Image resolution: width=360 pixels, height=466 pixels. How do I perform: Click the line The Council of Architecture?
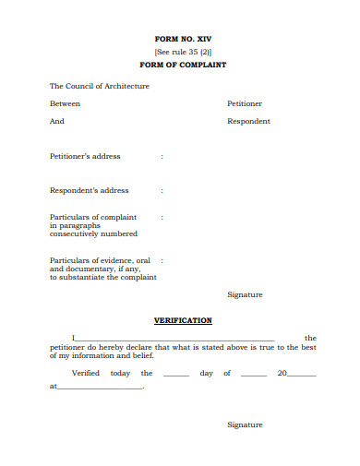[99, 86]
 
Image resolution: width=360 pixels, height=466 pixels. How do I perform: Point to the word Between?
[65, 103]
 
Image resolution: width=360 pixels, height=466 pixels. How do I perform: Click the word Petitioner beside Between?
[245, 103]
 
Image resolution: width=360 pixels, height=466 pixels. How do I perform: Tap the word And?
[56, 121]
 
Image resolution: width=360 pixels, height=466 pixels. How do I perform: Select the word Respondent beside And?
[248, 121]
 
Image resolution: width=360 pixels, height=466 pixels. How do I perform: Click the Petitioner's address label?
[84, 156]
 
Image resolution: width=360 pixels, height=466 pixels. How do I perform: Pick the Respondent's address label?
[89, 190]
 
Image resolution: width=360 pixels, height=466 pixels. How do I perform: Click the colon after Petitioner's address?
[162, 156]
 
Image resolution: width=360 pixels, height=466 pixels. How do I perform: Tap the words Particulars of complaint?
[92, 217]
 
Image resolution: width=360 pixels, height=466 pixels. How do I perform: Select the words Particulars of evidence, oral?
[99, 260]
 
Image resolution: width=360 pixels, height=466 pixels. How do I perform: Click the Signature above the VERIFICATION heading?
[245, 294]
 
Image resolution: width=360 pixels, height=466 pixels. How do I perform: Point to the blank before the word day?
[175, 375]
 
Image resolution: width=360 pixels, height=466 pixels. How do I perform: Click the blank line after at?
[100, 388]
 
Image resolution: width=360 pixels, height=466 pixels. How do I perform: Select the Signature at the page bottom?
[245, 424]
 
